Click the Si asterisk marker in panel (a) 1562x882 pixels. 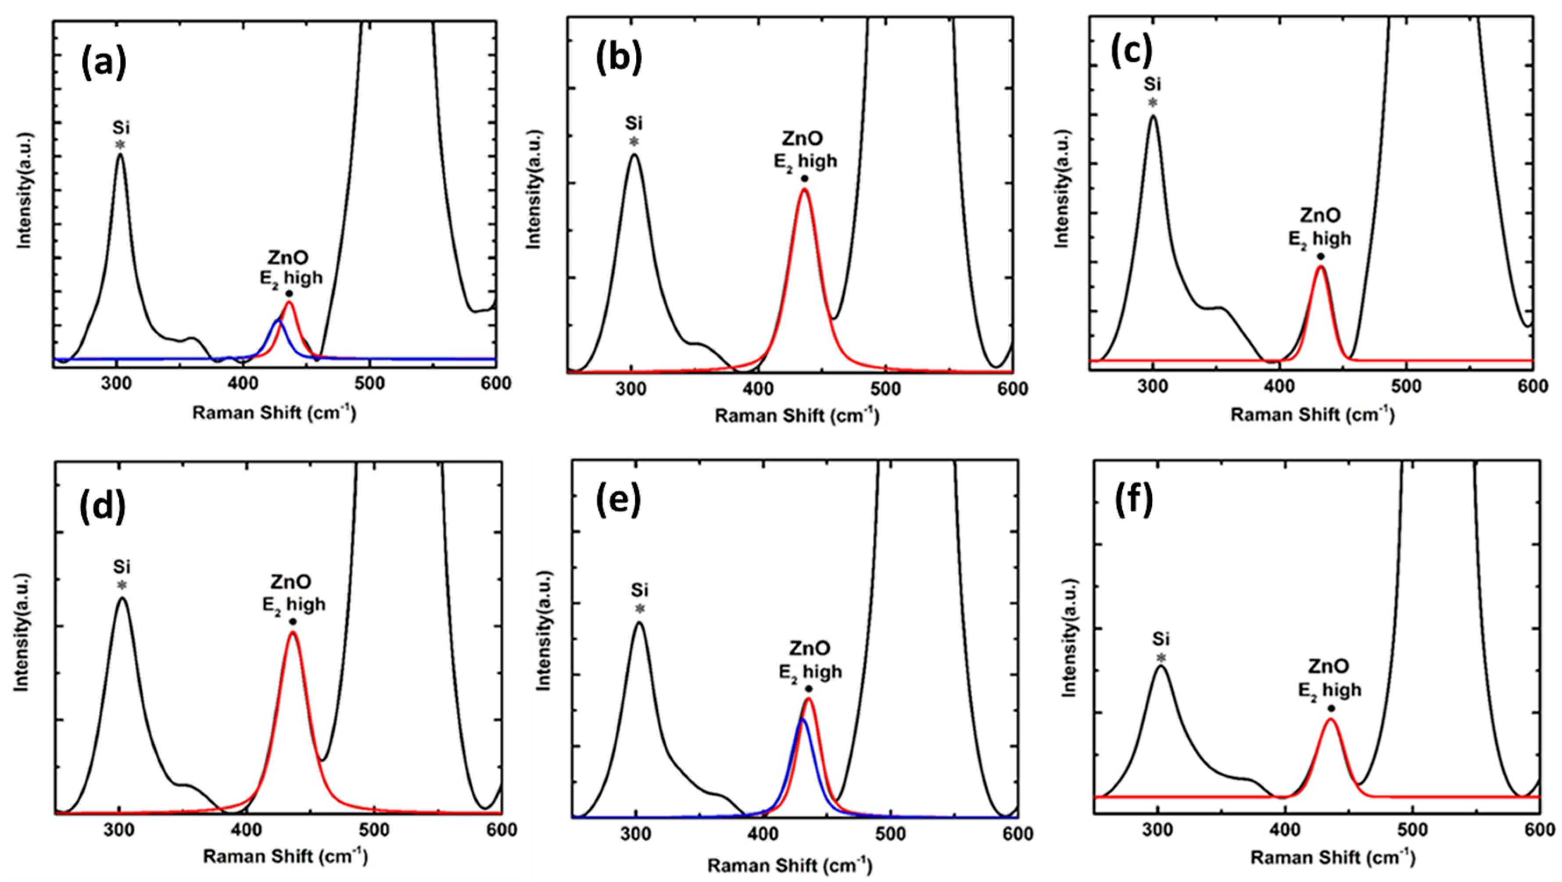121,145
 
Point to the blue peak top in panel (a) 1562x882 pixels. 278,319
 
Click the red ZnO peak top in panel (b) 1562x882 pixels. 805,189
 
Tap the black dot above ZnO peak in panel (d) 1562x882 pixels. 293,621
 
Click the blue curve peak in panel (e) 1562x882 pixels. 802,720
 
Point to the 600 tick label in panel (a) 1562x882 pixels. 495,384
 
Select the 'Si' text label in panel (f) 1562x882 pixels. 1161,639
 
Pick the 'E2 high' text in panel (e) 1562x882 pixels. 810,671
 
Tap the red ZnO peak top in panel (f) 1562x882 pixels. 1331,720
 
